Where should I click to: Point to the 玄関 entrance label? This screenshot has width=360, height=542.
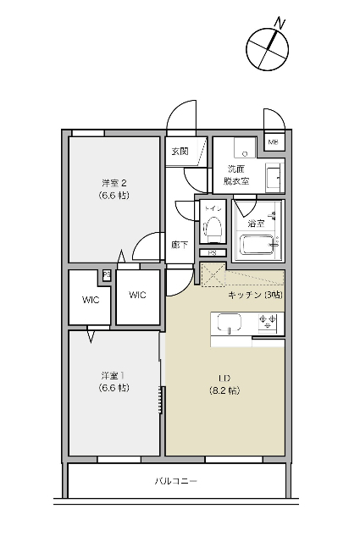tap(180, 152)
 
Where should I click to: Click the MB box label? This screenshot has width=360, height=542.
tap(273, 142)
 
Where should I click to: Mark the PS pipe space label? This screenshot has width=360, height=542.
tap(212, 252)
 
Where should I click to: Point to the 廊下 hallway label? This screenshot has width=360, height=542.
tap(178, 244)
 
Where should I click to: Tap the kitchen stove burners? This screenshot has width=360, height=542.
tap(270, 322)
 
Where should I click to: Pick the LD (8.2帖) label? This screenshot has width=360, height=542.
tap(224, 384)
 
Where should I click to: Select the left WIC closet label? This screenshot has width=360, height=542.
tap(91, 299)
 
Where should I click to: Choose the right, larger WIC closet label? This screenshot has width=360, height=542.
tap(137, 295)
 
